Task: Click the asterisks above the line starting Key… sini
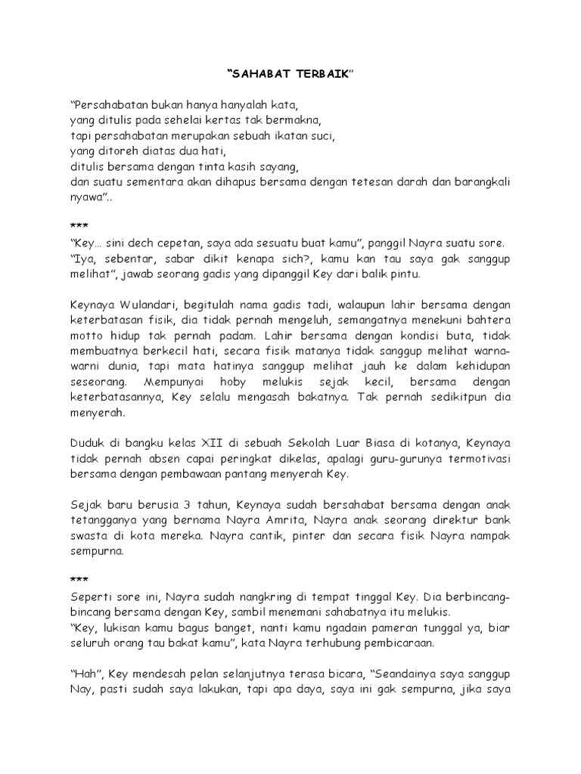pos(79,227)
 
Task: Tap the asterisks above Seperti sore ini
pos(79,579)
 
